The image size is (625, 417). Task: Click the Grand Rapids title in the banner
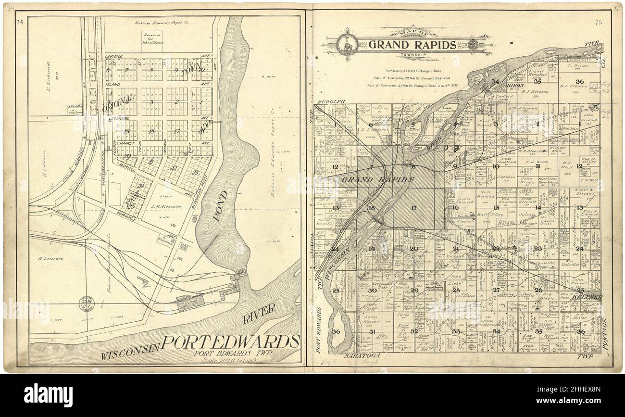[412, 45]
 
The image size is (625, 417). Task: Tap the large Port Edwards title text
[230, 342]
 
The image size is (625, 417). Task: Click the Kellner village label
[587, 297]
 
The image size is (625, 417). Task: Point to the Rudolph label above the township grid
[331, 101]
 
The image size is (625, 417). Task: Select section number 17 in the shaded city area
[413, 208]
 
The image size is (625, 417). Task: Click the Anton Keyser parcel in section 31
[371, 319]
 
